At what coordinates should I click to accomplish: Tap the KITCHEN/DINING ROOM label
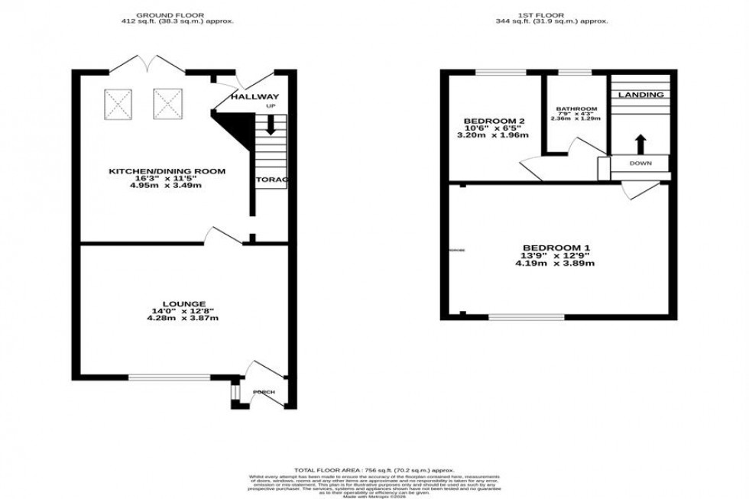click(x=166, y=171)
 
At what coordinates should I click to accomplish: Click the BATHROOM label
click(x=577, y=109)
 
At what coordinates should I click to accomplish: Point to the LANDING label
click(x=640, y=95)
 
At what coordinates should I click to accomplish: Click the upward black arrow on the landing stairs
click(x=640, y=143)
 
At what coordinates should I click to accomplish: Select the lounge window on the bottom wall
click(x=168, y=377)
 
